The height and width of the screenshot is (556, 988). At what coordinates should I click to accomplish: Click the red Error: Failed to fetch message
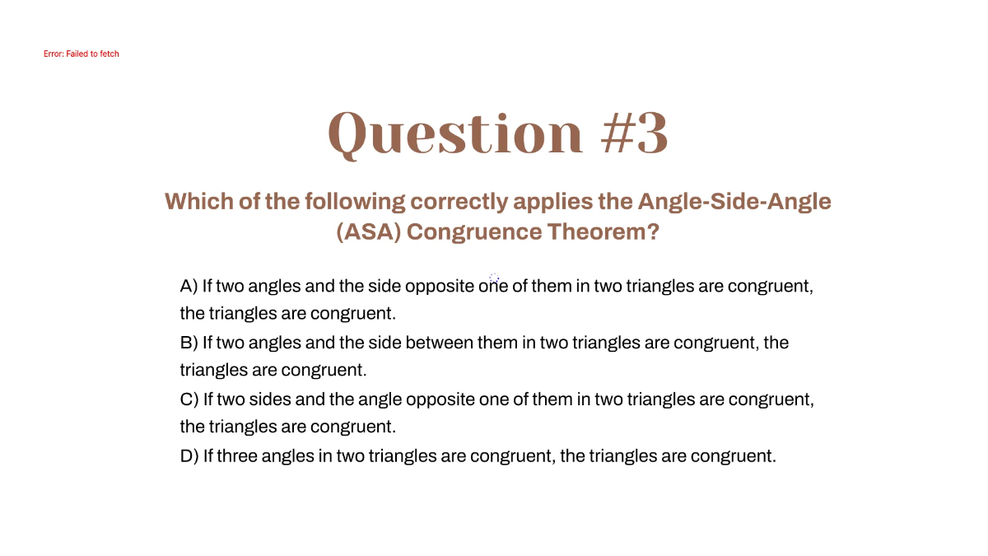point(82,54)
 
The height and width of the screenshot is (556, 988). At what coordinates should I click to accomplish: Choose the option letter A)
point(189,287)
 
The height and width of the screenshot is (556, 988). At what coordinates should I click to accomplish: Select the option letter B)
point(189,343)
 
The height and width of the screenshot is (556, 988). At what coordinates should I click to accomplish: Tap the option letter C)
point(189,399)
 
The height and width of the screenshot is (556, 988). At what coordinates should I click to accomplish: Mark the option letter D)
point(189,456)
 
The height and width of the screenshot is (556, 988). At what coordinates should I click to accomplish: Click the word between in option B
point(439,343)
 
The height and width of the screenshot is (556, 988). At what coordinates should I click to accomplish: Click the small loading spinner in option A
point(494,278)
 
